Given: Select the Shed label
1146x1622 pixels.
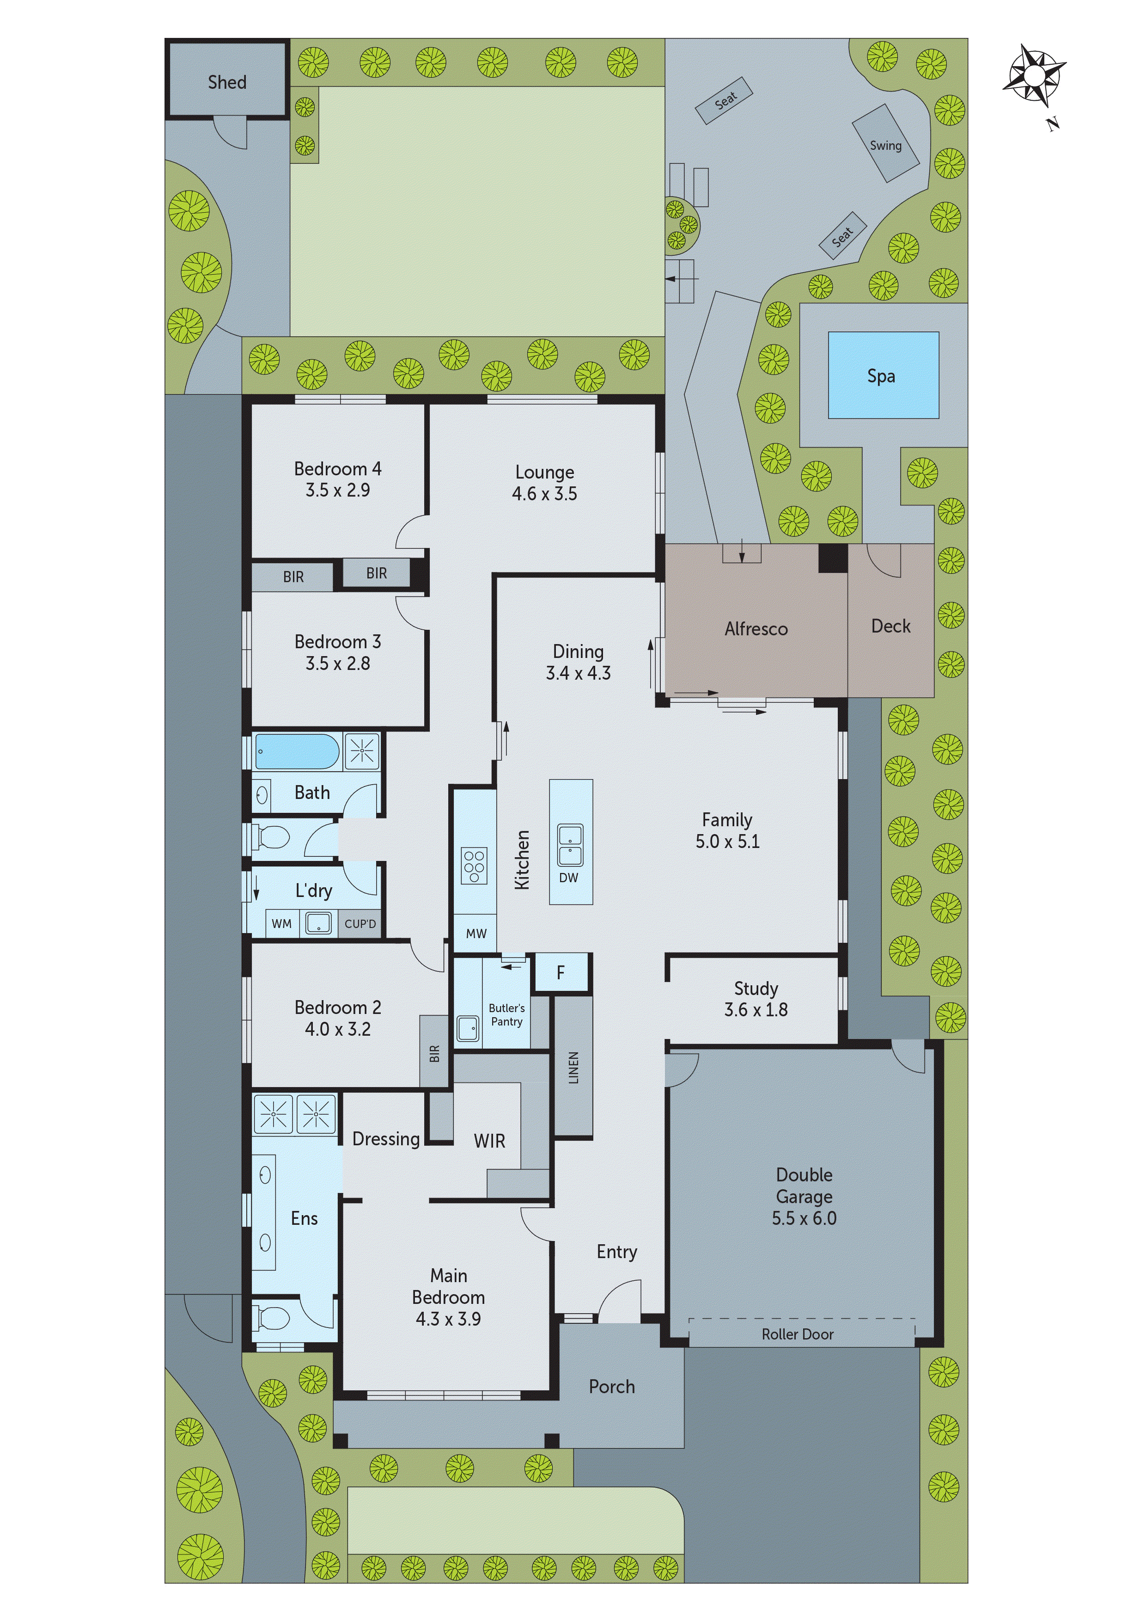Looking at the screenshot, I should pos(226,83).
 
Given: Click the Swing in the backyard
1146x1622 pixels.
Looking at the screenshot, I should pos(885,144).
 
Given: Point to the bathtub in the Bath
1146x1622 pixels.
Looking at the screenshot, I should pos(297,751).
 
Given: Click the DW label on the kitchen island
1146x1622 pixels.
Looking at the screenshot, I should pos(568,878).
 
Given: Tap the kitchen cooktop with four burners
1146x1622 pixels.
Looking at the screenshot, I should pos(474,866).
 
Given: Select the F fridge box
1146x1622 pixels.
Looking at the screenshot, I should pos(561,973).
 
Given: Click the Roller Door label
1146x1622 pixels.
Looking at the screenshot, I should pos(797,1334).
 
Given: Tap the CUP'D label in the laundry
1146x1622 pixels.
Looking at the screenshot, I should pos(360,923).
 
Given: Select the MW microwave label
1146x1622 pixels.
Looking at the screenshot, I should pos(476,933).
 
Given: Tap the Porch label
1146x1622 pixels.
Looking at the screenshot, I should pos(611,1387).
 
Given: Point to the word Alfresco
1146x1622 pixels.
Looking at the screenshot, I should pos(756,629).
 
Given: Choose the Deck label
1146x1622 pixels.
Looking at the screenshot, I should pos(890,626).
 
